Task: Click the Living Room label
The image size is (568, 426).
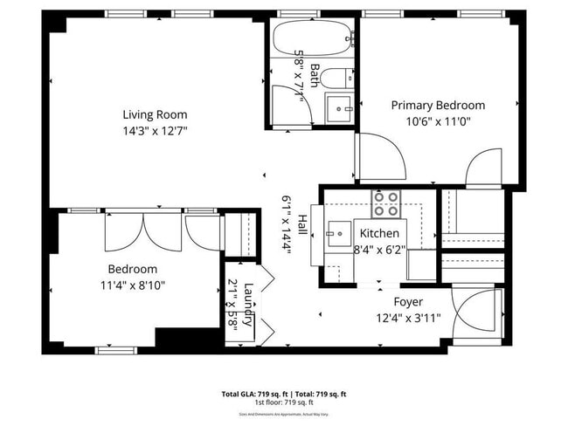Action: click(x=154, y=114)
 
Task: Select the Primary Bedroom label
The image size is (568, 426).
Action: click(x=437, y=106)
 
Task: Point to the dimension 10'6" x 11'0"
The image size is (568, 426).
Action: click(x=437, y=121)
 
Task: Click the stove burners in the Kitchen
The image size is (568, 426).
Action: click(x=385, y=203)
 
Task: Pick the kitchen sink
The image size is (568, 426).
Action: click(x=337, y=234)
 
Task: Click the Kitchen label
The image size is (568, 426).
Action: click(x=379, y=233)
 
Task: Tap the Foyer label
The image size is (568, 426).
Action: click(x=408, y=302)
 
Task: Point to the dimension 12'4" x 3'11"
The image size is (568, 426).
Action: click(x=408, y=318)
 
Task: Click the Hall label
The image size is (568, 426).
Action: click(x=302, y=225)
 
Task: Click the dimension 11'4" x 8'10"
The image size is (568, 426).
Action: click(x=132, y=285)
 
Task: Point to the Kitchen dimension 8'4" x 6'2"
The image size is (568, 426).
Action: click(x=379, y=249)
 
